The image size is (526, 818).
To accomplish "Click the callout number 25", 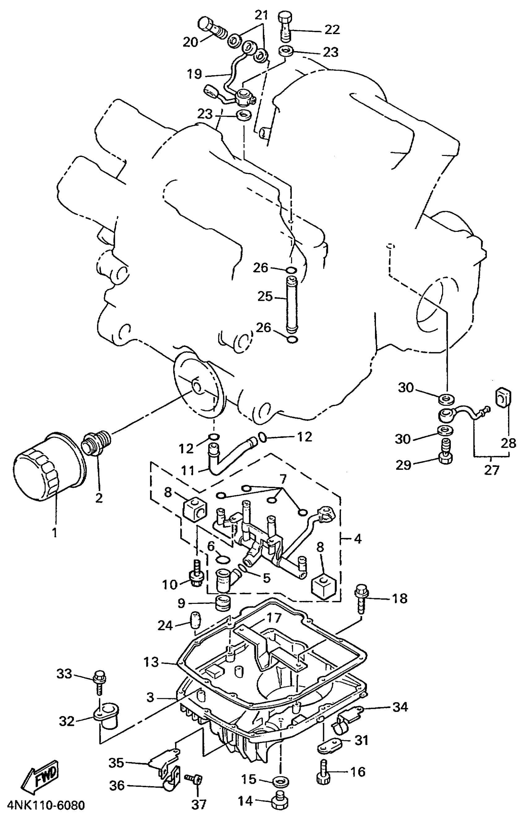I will [x=265, y=296].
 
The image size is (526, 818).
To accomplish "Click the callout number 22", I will [x=332, y=30].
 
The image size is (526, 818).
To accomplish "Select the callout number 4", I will [x=357, y=539].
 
